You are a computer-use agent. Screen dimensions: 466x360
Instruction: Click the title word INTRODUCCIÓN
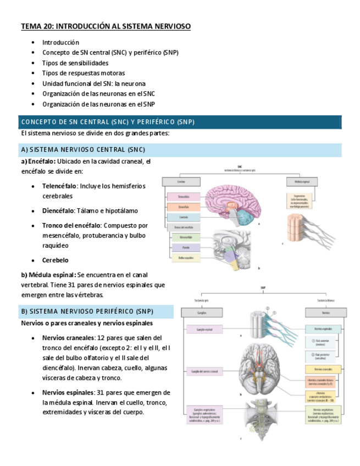(x=82, y=26)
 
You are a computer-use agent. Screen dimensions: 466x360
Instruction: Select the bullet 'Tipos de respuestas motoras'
(x=83, y=73)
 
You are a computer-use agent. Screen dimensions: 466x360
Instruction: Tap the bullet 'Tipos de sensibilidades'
(x=75, y=63)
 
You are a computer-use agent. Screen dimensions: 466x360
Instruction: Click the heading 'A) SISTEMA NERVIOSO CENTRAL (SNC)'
(x=83, y=150)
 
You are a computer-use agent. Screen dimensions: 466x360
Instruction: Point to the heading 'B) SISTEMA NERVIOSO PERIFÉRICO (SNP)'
(x=87, y=312)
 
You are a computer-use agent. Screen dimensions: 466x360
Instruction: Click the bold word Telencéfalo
(x=59, y=186)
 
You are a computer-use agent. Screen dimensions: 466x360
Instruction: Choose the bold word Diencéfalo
(x=59, y=210)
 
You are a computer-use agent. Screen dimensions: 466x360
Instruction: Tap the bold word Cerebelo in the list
(x=56, y=260)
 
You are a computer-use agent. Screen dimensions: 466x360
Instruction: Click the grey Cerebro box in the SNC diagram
(x=181, y=181)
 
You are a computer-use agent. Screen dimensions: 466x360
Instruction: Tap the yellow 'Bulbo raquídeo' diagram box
(x=184, y=257)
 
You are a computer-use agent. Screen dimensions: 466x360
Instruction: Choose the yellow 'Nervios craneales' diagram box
(x=324, y=368)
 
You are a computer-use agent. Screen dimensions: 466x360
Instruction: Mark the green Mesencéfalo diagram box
(x=185, y=237)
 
